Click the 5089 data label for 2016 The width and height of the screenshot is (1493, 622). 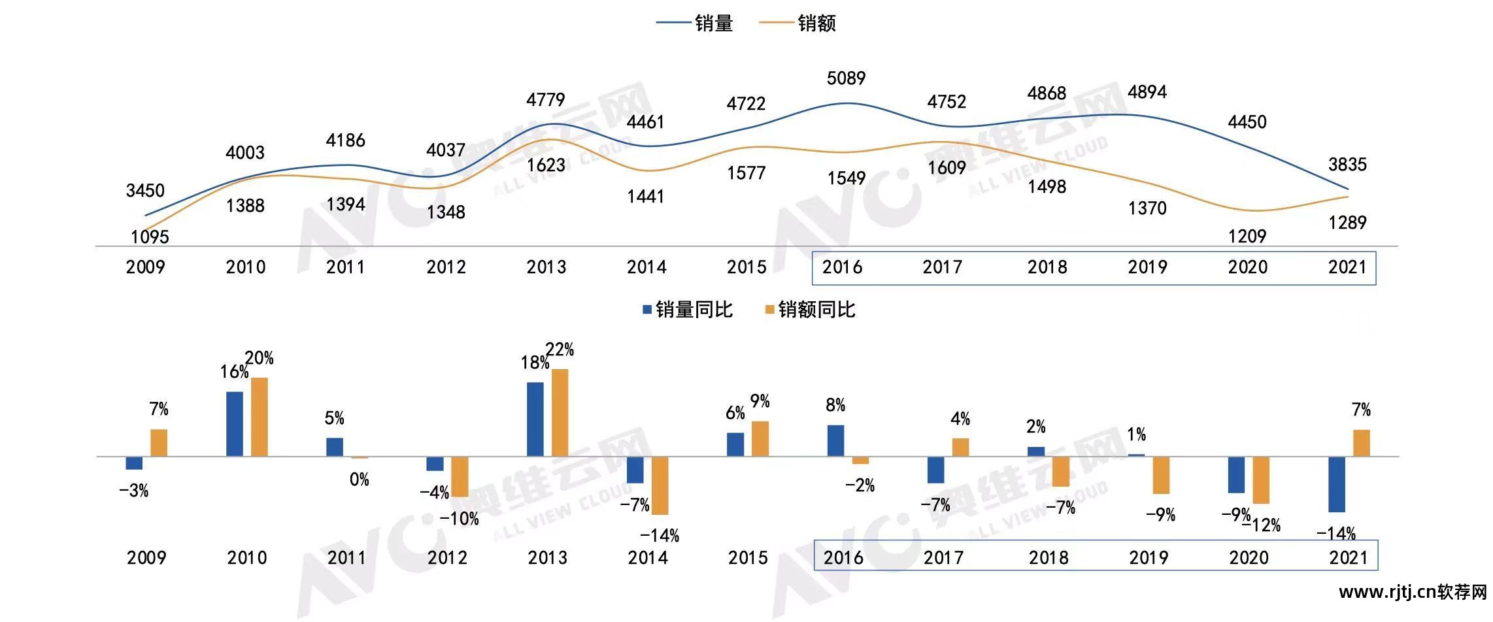(846, 78)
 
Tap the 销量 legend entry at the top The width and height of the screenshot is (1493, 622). (696, 24)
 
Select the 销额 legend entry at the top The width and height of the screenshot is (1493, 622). (798, 24)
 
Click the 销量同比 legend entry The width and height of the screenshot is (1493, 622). (688, 310)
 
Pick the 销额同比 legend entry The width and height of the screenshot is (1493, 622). (811, 310)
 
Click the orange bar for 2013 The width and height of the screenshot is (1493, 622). (560, 412)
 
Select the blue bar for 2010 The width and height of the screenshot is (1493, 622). (234, 423)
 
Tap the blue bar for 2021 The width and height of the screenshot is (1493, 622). (1337, 484)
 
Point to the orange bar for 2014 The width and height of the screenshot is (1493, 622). (660, 485)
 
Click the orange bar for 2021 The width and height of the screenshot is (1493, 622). (1362, 443)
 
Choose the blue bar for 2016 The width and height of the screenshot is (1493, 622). (835, 440)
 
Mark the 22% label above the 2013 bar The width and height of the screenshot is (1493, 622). (560, 350)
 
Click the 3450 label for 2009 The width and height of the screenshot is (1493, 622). (145, 191)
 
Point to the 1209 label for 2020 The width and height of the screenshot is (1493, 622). (1247, 236)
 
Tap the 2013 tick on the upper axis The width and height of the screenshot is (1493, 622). (546, 267)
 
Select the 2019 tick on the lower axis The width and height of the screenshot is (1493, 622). (1149, 558)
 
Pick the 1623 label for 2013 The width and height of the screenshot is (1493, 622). (546, 165)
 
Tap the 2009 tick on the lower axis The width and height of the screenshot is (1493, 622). (146, 558)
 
